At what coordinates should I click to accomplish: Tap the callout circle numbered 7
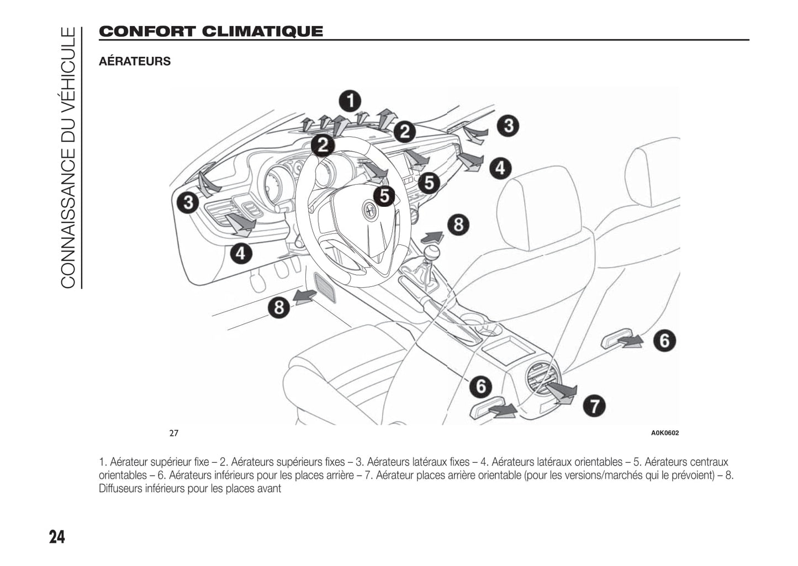coord(594,406)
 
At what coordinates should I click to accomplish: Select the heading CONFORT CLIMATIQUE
coord(210,31)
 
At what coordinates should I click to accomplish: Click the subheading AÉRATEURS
coord(135,61)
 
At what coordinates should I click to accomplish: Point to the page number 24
coord(57,536)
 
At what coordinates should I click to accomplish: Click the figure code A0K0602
coord(665,433)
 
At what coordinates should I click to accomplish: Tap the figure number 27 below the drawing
coord(174,433)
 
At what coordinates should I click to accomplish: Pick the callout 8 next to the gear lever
coord(458,225)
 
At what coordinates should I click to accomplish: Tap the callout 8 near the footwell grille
coord(279,307)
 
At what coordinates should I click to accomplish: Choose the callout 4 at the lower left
coord(241,254)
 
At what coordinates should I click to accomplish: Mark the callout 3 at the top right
coord(508,126)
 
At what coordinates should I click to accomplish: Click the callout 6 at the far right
coord(664,340)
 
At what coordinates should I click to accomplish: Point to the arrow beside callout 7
coord(563,393)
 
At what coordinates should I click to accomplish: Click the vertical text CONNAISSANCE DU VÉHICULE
coord(67,157)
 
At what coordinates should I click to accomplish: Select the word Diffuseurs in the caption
coord(120,489)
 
